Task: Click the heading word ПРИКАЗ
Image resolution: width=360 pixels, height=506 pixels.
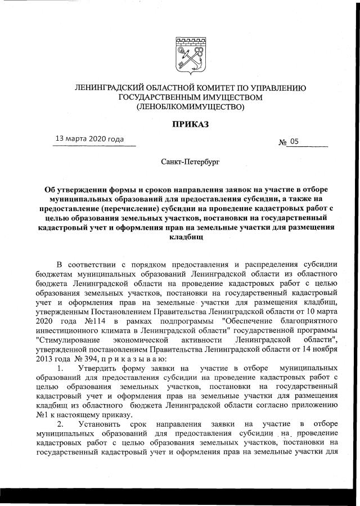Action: point(188,123)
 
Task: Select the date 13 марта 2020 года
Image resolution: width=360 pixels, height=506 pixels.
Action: point(88,139)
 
